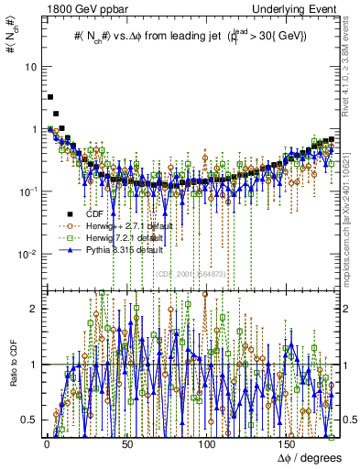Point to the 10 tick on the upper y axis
31,67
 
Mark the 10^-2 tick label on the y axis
28,253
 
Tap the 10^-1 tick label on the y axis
28,191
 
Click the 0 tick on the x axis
45,443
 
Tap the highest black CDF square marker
50,96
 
